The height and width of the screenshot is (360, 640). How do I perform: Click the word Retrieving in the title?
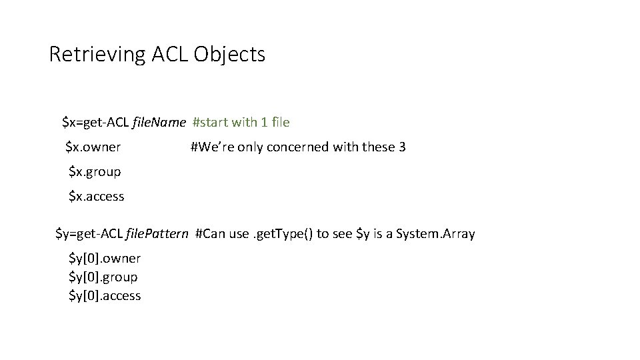[x=97, y=55]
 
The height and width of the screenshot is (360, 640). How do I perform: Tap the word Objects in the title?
[x=230, y=55]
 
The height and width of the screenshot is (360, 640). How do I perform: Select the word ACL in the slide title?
[x=169, y=55]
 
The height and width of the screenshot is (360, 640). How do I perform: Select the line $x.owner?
[x=93, y=147]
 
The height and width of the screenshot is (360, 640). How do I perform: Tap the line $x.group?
[x=95, y=171]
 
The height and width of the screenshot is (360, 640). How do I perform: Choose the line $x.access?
[x=97, y=196]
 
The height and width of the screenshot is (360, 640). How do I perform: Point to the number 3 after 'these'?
[x=402, y=147]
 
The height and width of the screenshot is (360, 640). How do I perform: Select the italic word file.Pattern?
[x=157, y=234]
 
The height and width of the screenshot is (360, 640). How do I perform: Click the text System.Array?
[x=435, y=234]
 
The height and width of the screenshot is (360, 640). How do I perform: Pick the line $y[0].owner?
[x=105, y=258]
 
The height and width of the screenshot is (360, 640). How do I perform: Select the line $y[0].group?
[x=103, y=277]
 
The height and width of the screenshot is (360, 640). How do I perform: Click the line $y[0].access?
[x=105, y=295]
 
